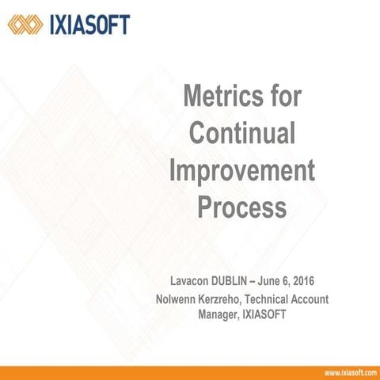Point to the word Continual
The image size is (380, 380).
[x=242, y=133]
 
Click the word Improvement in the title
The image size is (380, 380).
[x=242, y=170]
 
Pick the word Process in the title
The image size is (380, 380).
[x=241, y=207]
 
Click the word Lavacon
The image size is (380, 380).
[x=196, y=282]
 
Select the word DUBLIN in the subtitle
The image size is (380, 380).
[x=245, y=282]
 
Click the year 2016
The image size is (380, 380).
[x=336, y=282]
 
